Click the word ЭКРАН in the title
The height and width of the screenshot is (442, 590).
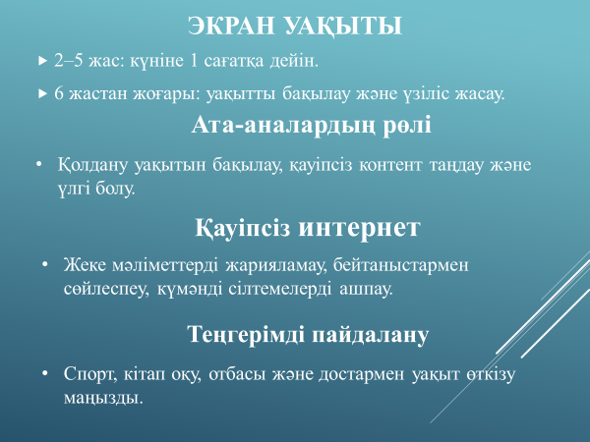point(231,26)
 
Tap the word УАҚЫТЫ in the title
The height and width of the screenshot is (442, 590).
point(343,27)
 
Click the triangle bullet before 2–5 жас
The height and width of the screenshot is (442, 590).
point(42,61)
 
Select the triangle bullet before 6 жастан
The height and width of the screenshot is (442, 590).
point(42,93)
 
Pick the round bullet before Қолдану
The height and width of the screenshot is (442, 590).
point(39,164)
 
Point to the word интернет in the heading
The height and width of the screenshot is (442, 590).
point(359,228)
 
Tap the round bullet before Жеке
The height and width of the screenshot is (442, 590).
point(45,264)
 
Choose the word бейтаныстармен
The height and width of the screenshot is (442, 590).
point(400,265)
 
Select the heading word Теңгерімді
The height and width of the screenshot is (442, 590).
point(246,335)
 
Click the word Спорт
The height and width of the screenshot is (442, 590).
point(90,374)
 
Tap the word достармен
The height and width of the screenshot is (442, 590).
point(361,375)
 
